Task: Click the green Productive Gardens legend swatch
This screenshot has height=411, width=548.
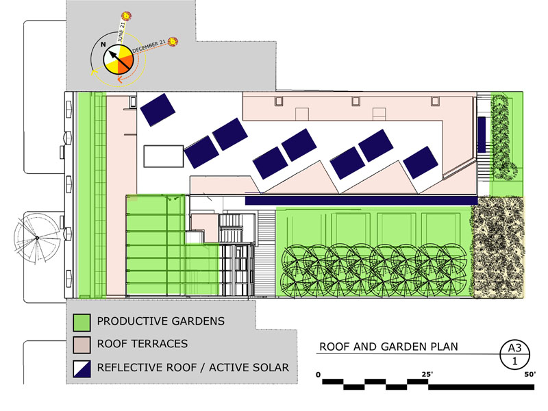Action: pos(82,321)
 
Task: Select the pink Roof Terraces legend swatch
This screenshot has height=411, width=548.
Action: pos(82,344)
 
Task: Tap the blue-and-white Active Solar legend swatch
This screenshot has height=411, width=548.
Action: pos(82,367)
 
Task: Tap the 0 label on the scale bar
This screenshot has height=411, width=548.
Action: pos(319,373)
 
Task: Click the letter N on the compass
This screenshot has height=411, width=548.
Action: pos(103,46)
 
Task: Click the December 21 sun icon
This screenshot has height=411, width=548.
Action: pos(173,42)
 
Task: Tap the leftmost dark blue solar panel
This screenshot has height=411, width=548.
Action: pos(158,108)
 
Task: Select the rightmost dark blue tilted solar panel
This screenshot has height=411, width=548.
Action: pos(421,164)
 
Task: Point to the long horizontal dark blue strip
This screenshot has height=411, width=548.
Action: pos(360,201)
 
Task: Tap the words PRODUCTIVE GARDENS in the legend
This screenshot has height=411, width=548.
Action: pos(160,321)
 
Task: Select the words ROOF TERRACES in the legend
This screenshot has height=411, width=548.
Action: pos(142,344)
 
